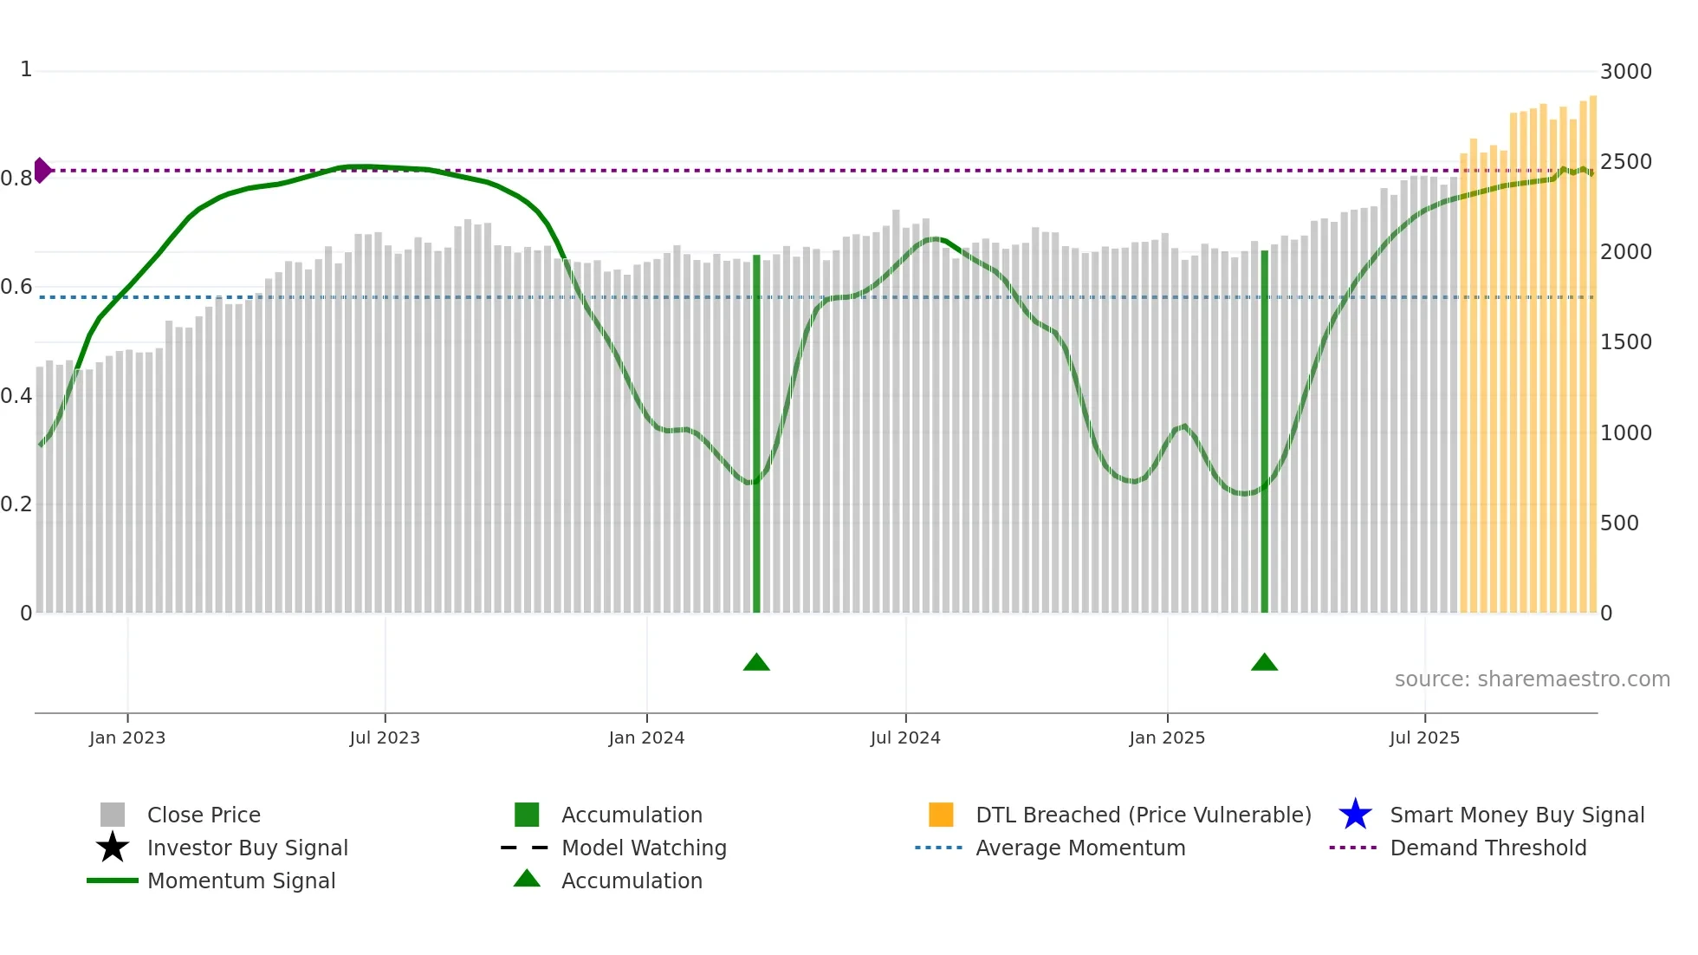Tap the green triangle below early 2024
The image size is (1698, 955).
coord(756,663)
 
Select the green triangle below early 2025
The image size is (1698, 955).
coord(1264,663)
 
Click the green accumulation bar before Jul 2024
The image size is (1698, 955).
coord(756,433)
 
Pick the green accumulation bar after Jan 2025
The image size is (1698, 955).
coord(1264,433)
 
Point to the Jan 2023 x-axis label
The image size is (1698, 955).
coord(127,738)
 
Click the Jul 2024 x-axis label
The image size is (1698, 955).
coord(905,738)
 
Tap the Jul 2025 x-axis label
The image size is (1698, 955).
coord(1424,738)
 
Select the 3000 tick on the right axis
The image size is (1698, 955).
coord(1625,72)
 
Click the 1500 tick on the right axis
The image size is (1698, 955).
coord(1625,342)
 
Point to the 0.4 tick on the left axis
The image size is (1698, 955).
coord(16,396)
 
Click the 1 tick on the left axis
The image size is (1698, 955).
coord(26,69)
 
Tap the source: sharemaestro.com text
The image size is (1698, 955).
coord(1532,679)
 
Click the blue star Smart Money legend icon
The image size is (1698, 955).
coord(1355,815)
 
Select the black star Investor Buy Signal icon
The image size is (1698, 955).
coord(113,848)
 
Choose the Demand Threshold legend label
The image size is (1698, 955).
coord(1487,848)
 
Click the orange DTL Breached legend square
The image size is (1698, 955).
coord(941,815)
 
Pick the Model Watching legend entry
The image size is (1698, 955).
coord(643,848)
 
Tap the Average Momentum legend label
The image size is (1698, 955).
coord(1079,848)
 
